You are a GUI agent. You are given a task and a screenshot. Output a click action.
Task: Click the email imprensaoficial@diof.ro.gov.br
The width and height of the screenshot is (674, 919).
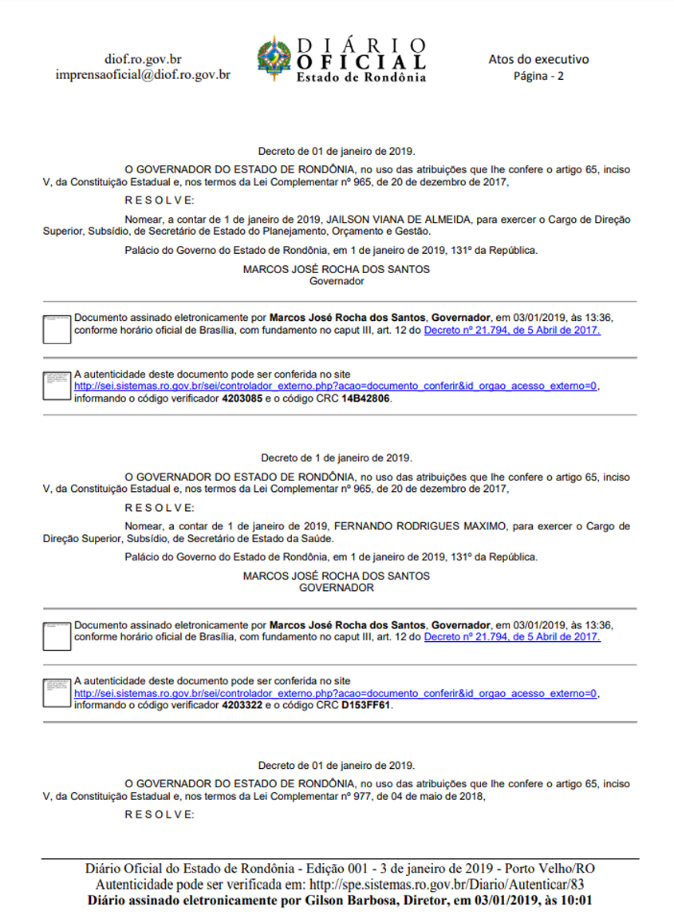[x=143, y=74]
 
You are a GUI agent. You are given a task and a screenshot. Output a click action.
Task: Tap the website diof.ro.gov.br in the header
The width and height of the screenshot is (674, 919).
[x=143, y=59]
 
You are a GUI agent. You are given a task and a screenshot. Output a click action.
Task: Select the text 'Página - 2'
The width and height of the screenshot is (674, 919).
[x=538, y=76]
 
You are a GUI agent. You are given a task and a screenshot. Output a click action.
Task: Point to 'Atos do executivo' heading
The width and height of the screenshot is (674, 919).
[x=538, y=59]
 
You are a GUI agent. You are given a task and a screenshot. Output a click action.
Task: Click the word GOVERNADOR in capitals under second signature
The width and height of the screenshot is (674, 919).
[x=336, y=588]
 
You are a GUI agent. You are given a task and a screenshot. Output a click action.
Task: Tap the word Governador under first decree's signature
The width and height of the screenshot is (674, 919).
[x=336, y=281]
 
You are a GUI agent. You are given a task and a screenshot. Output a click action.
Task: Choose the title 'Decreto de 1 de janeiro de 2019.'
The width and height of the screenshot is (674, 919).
[x=336, y=458]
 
